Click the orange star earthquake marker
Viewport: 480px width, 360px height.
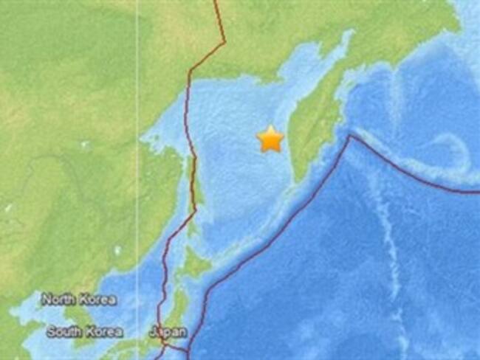coord(270,139)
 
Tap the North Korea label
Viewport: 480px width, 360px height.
coord(78,300)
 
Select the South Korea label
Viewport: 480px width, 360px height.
coord(84,332)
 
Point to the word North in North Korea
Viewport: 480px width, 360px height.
coord(58,300)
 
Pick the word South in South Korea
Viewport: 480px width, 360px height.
coord(64,332)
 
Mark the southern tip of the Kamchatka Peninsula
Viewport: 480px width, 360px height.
coord(299,179)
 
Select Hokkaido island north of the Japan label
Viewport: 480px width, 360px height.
coord(193,263)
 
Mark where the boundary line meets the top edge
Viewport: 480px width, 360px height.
coord(216,2)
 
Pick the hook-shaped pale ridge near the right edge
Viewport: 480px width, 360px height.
coord(458,148)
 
